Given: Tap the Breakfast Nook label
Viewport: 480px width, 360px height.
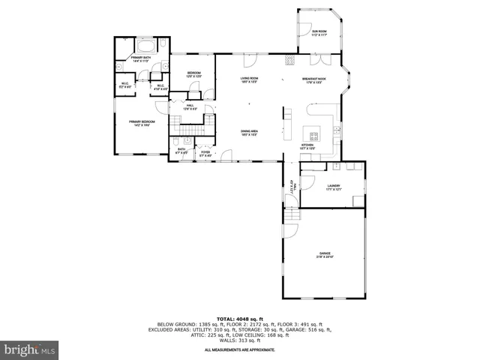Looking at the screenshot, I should (314, 79).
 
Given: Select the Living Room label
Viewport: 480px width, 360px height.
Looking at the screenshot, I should (249, 79).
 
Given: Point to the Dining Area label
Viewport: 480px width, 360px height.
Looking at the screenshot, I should (250, 133).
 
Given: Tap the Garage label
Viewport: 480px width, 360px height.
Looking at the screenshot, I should (325, 255).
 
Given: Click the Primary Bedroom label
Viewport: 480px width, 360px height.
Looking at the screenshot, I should (140, 123).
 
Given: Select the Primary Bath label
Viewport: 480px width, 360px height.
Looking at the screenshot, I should (140, 58).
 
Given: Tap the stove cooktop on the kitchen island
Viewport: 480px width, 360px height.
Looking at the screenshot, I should (314, 136).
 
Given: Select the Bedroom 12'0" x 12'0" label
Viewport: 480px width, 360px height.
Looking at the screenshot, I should (194, 74).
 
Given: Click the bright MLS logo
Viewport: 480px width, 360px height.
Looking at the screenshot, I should (30, 349).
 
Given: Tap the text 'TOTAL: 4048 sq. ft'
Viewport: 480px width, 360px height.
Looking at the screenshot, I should (239, 318).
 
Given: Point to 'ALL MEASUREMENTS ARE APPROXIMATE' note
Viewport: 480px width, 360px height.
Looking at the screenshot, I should (239, 349).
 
